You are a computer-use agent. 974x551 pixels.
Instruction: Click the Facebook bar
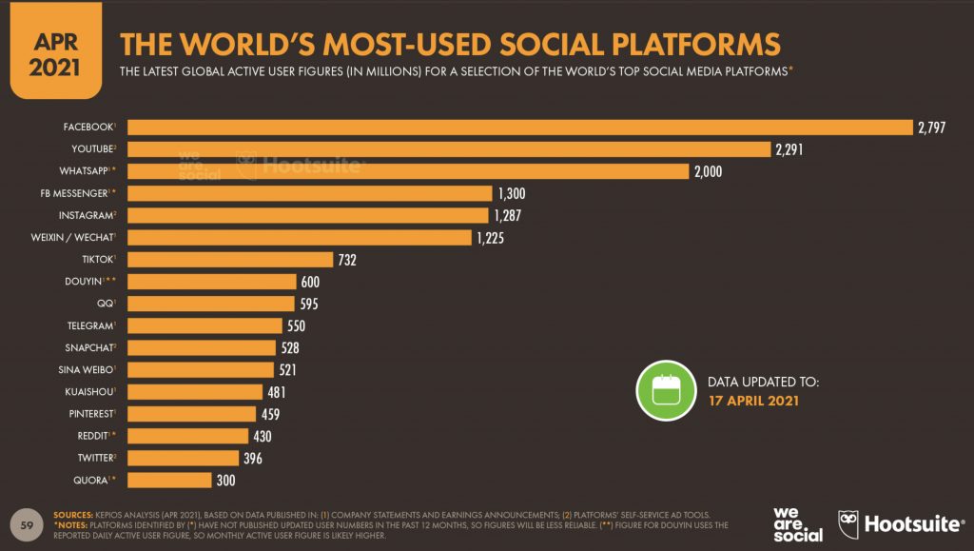pos(519,128)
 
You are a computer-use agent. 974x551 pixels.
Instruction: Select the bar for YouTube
pos(448,149)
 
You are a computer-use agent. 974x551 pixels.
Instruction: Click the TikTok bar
pos(230,260)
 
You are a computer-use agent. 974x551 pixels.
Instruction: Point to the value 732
pos(346,260)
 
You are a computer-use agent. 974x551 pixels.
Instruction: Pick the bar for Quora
pos(169,480)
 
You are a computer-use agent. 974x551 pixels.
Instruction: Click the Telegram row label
pos(88,325)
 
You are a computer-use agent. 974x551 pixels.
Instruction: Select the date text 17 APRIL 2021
pos(753,401)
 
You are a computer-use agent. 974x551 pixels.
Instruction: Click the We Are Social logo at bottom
pos(797,522)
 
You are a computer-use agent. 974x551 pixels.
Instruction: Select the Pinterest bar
pos(192,414)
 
